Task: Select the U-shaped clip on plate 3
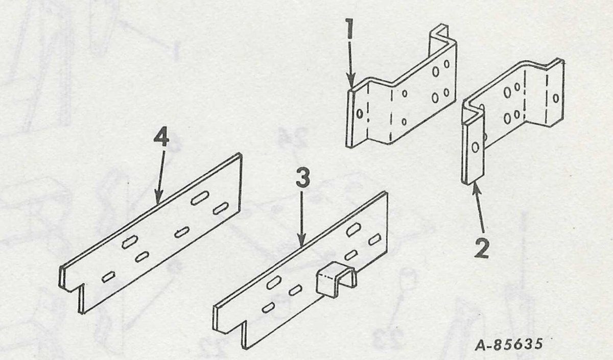click(335, 282)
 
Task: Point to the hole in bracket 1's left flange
click(359, 113)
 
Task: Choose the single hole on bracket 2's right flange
click(556, 97)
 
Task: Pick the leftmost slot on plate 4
click(108, 278)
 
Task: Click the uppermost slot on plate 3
click(352, 229)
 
